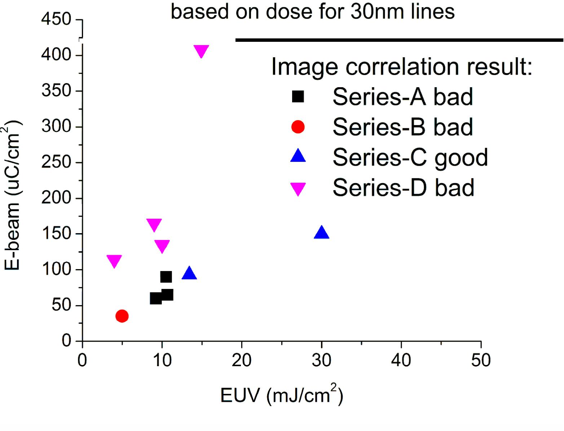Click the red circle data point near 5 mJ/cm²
tap(122, 316)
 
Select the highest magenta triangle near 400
tap(201, 51)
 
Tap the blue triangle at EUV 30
tap(322, 233)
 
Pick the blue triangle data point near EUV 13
tap(189, 274)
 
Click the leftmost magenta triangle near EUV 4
tap(114, 261)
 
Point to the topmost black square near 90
tap(166, 277)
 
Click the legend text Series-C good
tap(410, 157)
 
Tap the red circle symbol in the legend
tap(298, 126)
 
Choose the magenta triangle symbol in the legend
tap(298, 188)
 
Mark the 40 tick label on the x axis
tap(401, 360)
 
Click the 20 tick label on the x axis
tap(242, 360)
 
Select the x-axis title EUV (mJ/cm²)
tap(282, 395)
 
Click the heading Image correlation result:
tap(402, 67)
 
